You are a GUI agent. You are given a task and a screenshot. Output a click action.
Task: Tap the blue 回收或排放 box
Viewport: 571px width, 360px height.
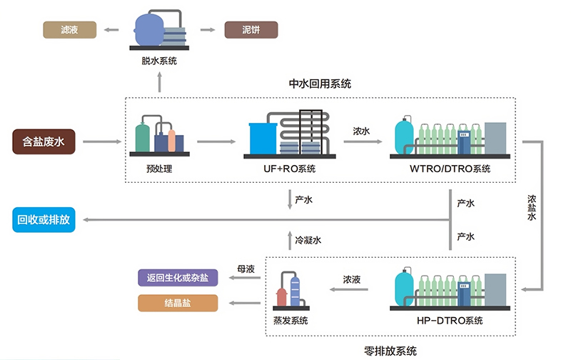(x=44, y=219)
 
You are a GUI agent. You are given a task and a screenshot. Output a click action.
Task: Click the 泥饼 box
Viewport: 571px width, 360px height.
(x=251, y=30)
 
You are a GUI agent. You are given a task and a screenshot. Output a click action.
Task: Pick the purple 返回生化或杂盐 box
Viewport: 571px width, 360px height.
(x=177, y=278)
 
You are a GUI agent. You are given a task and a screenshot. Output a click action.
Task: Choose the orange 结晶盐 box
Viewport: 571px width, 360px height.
(x=177, y=303)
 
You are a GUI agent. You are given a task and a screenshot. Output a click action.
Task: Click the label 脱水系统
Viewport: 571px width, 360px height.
(x=159, y=61)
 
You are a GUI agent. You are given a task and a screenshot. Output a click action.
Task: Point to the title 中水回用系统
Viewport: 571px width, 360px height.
(x=320, y=84)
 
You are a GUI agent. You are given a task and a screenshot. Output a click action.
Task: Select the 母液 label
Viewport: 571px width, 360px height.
(x=246, y=269)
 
